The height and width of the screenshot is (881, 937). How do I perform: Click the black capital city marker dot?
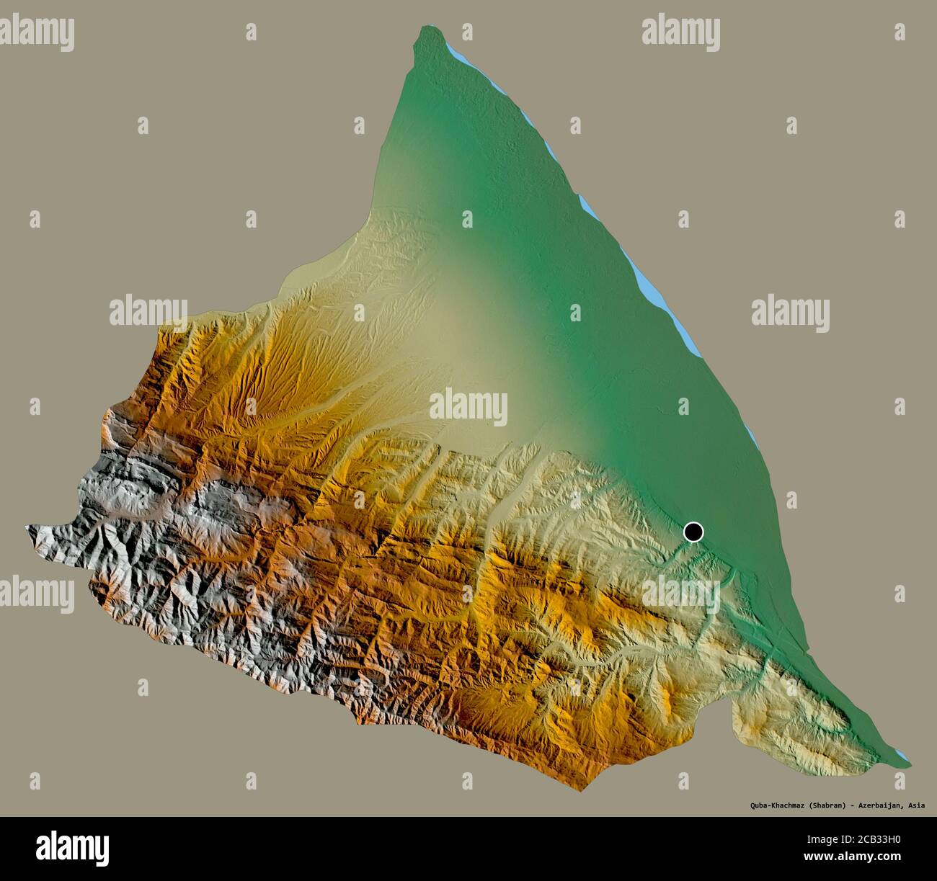tap(693, 532)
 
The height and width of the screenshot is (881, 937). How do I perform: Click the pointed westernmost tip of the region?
tap(27, 528)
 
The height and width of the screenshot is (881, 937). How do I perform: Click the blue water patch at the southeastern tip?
tap(904, 759)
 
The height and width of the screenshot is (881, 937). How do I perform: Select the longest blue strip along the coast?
tap(660, 303)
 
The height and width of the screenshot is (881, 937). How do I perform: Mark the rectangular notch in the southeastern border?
tap(742, 710)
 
